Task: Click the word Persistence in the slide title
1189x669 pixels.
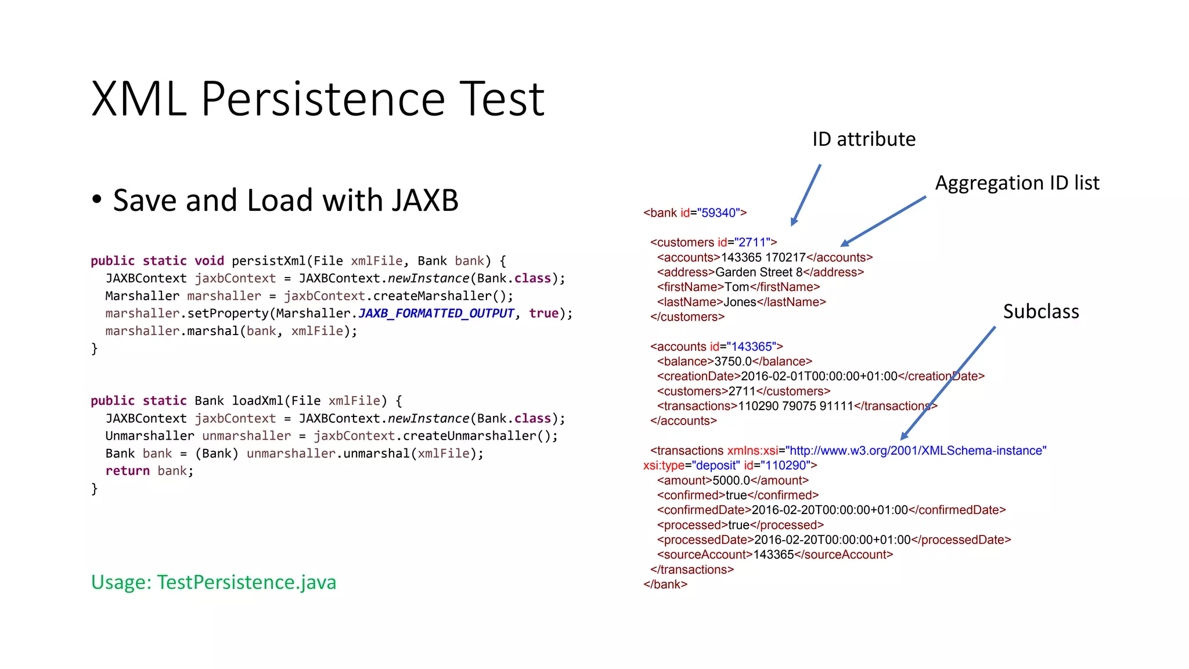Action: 322,99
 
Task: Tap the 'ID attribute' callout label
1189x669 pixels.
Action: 863,139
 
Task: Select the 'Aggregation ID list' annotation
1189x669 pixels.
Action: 1017,183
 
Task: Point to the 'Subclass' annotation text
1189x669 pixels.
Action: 1040,312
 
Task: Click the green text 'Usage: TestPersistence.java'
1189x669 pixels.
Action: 214,582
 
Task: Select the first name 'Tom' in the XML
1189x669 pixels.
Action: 737,287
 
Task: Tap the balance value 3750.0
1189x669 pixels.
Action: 733,361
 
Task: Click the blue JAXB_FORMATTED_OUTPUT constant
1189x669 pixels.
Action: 436,314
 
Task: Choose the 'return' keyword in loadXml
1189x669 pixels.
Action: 127,471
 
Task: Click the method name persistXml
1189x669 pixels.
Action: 268,261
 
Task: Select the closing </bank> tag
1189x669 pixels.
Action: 665,585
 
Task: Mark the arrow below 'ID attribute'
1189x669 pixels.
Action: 806,195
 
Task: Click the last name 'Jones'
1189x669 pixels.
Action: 740,302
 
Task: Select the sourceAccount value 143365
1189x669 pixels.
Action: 773,555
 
